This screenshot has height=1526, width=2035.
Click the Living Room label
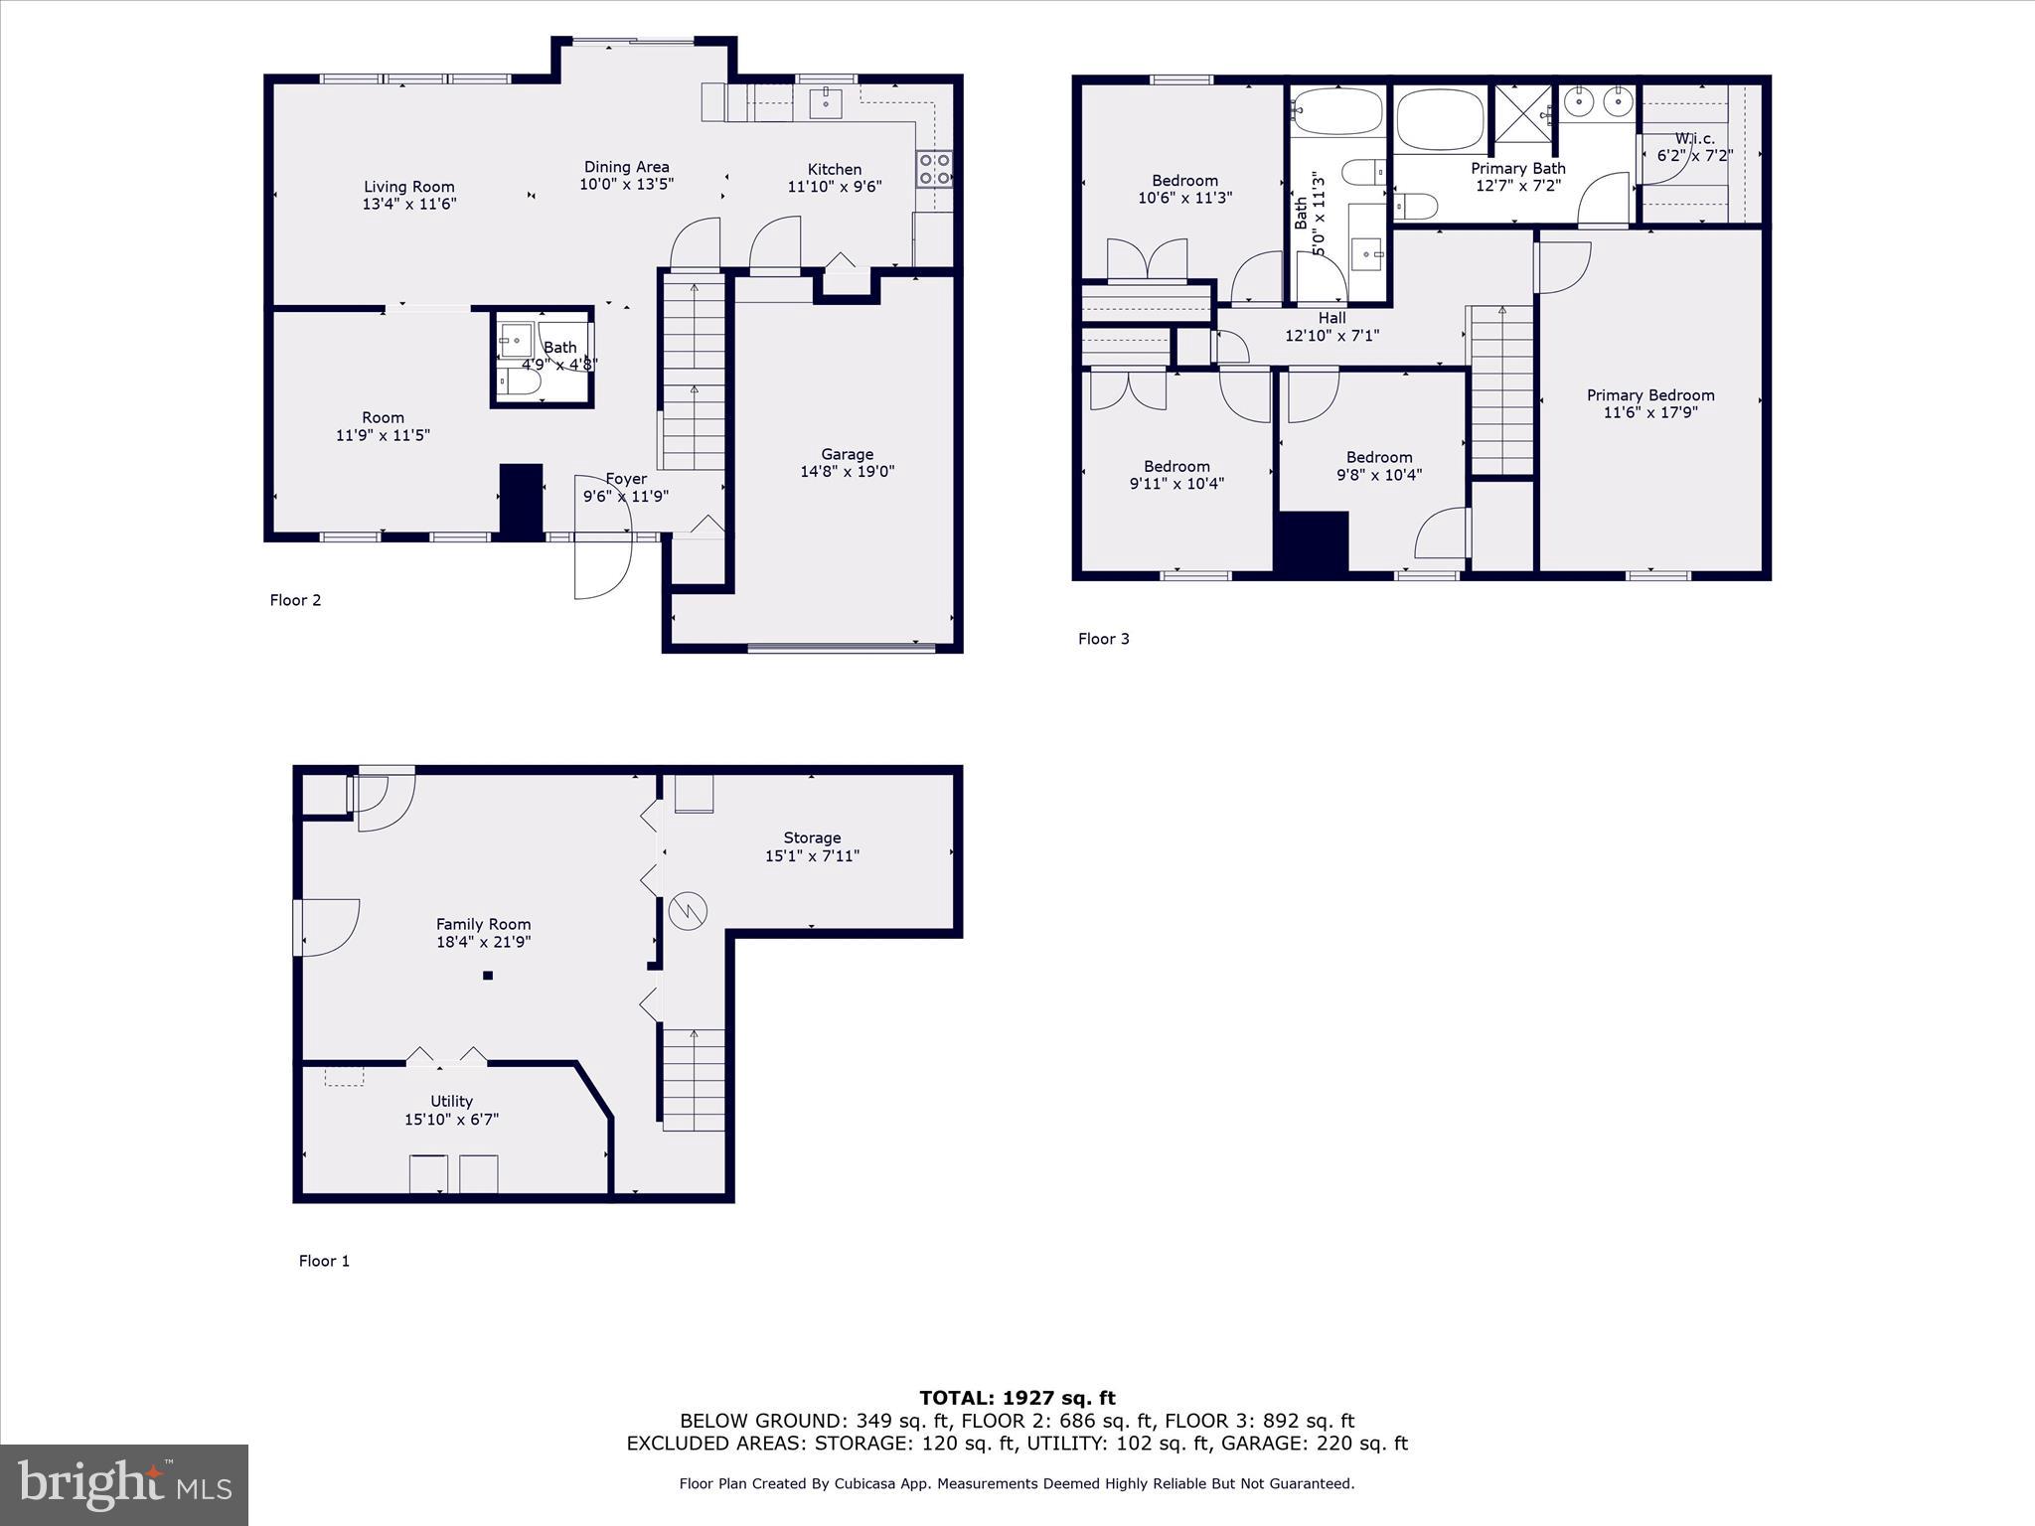408,187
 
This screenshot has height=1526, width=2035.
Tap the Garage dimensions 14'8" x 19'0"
847,472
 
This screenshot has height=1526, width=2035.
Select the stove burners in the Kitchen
934,169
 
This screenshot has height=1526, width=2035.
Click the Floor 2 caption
295,600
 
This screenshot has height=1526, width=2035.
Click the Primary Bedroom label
1650,395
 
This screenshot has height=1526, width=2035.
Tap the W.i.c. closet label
1694,139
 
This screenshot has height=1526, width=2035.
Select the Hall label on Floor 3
1331,318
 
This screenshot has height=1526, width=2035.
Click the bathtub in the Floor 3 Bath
1336,111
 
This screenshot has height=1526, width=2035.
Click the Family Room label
483,925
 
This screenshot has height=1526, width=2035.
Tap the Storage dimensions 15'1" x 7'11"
812,855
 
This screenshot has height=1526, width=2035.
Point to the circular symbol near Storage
687,910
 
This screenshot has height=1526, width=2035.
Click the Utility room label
451,1101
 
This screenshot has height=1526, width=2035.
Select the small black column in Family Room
488,976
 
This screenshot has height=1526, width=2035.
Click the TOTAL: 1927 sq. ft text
1017,1398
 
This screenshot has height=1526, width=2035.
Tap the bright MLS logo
124,1484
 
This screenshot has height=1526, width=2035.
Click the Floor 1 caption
324,1261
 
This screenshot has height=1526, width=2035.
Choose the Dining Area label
626,167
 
